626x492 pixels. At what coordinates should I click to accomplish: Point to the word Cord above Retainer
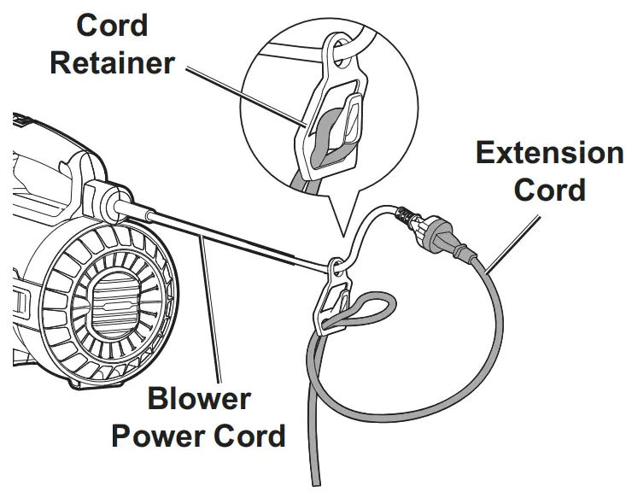(112, 25)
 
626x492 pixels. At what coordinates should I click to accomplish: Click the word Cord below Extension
(549, 189)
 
